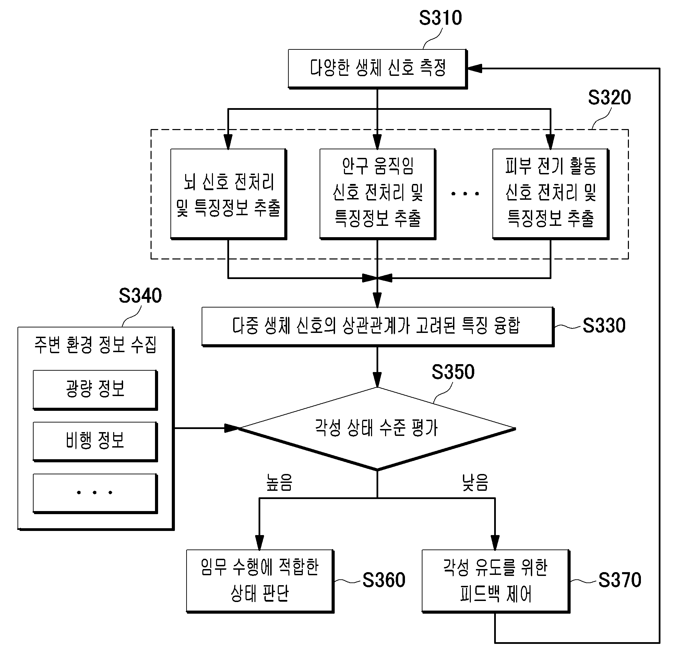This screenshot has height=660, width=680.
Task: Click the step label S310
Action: (440, 18)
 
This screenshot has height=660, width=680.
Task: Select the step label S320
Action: (609, 97)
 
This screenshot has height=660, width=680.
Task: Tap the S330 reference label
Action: (604, 325)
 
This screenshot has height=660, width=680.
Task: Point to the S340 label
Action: (140, 296)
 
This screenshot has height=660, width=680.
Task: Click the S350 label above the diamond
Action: (453, 372)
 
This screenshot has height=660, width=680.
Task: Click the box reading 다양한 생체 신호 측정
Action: (378, 69)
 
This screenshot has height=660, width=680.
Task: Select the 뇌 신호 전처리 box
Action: (229, 194)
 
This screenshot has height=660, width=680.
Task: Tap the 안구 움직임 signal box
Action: (378, 194)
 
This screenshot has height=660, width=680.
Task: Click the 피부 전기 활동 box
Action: (551, 194)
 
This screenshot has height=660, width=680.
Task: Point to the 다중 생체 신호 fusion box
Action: (378, 327)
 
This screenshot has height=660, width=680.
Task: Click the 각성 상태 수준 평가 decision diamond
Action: (377, 429)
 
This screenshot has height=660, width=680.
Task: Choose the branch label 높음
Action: (279, 483)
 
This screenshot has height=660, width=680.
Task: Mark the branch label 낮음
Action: (475, 483)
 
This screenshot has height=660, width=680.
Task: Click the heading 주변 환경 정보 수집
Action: (95, 345)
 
